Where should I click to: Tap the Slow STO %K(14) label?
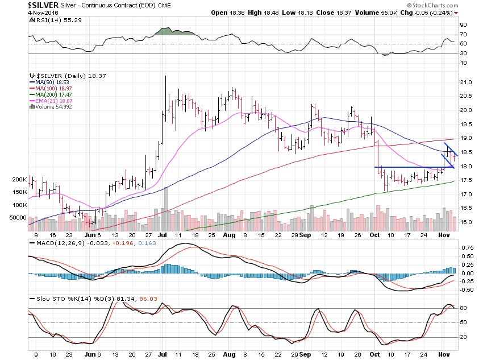point(56,299)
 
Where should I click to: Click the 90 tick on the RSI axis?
point(463,25)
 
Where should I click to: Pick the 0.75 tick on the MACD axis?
point(466,248)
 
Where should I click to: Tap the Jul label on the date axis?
point(162,234)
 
